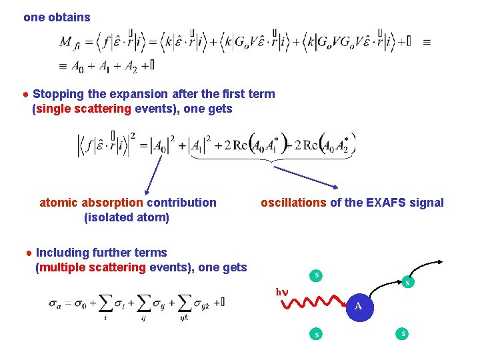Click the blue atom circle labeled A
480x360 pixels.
[x=358, y=306]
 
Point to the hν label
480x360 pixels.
[x=283, y=291]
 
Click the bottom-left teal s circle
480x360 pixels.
[x=317, y=333]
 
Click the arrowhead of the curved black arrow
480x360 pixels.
[x=442, y=261]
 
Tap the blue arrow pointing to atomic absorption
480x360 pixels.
[x=155, y=174]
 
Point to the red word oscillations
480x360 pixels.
[x=293, y=203]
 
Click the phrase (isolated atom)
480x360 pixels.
[x=127, y=217]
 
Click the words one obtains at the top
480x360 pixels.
[x=57, y=17]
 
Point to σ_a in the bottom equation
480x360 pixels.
[x=55, y=303]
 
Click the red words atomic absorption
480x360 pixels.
[x=91, y=203]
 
